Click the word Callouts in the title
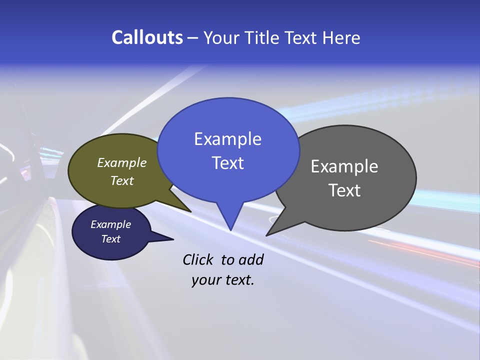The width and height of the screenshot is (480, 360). click(x=147, y=37)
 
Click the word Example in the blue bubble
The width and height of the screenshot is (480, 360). click(x=227, y=138)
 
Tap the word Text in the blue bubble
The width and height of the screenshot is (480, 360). click(x=227, y=163)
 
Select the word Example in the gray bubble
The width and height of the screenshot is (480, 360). click(x=344, y=166)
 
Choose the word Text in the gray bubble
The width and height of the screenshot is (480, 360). click(x=344, y=190)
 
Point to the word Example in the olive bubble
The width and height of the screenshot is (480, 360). click(x=122, y=162)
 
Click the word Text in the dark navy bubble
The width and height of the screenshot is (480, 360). click(x=111, y=239)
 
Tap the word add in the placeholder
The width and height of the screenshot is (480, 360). click(x=251, y=259)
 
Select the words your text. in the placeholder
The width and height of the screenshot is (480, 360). click(x=223, y=280)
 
